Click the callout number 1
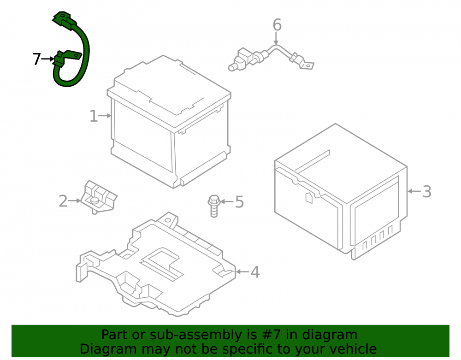pos(94,116)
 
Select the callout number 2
pos(63,201)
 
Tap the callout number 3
pos(427,192)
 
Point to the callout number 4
pos(255,272)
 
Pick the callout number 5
pos(240,202)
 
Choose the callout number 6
pos(277,25)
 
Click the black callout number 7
pos(36,59)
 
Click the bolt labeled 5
pos(214,206)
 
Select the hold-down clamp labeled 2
pos(99,197)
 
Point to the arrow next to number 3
pos(414,191)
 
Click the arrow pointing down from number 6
pos(276,38)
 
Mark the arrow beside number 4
pos(242,272)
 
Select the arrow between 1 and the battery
pos(105,116)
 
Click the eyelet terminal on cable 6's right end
pos(307,65)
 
